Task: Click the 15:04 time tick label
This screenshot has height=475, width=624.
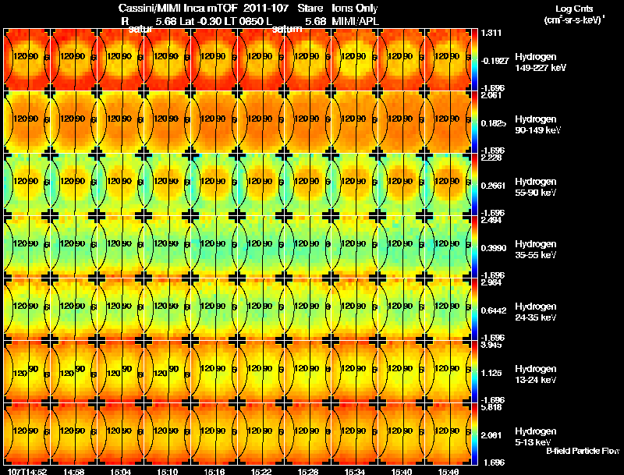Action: point(121,471)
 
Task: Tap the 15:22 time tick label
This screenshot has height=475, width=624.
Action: point(261,471)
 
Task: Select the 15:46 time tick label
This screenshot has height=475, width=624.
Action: point(448,471)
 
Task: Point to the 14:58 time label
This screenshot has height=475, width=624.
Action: point(74,471)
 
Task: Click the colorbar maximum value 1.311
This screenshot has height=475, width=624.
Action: point(491,33)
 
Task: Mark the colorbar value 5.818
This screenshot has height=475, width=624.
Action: point(491,406)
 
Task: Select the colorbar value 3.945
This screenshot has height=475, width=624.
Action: point(491,345)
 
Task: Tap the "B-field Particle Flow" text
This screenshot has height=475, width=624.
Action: point(582,451)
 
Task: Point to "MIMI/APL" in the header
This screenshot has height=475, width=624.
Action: point(356,21)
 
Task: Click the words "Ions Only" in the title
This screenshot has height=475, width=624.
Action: point(356,9)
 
